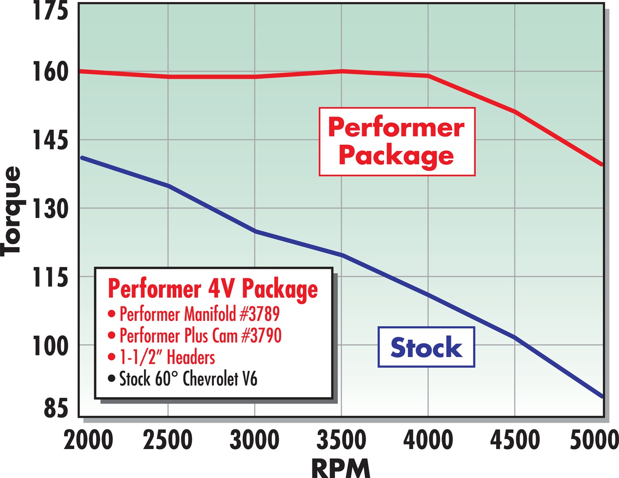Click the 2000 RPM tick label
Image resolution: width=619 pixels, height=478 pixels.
(x=88, y=440)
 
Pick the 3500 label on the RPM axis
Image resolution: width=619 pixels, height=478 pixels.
(x=341, y=440)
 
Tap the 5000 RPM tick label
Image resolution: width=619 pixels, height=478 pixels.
(x=594, y=440)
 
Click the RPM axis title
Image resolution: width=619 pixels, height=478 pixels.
(x=341, y=469)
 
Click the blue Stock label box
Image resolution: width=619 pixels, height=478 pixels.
(x=426, y=347)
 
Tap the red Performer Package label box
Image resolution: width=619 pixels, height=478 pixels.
(x=397, y=141)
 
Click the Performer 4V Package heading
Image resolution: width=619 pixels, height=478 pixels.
(x=213, y=289)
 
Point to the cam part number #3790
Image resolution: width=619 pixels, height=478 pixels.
(x=261, y=336)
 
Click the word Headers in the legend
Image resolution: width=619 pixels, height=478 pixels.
(x=191, y=358)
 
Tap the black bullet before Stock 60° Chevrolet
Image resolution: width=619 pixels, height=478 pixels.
(x=111, y=379)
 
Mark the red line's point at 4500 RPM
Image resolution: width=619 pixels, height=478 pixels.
(x=515, y=111)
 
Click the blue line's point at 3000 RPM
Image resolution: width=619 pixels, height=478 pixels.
(x=255, y=231)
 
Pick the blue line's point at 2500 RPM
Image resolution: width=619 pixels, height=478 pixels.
(x=168, y=186)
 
